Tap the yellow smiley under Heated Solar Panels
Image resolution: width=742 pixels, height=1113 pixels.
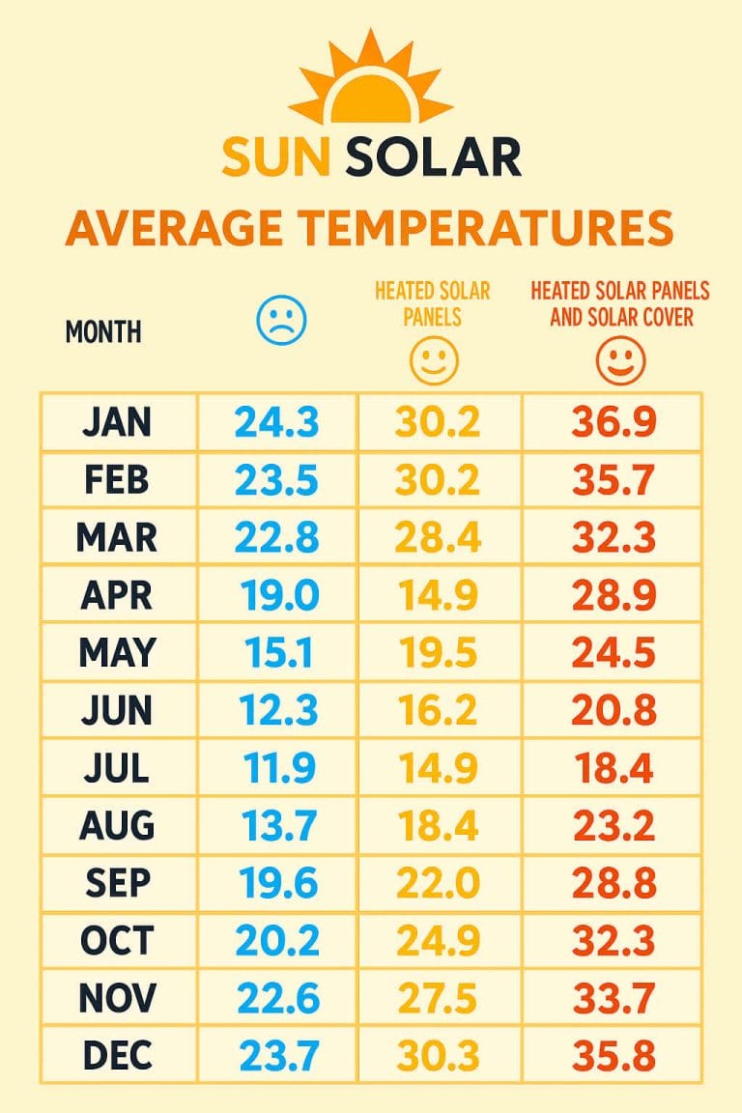(433, 362)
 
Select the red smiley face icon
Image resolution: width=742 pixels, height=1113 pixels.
(619, 361)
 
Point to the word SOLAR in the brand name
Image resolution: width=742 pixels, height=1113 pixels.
(433, 157)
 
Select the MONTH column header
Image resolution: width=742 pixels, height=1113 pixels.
(103, 332)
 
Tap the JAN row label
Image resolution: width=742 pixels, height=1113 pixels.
(117, 421)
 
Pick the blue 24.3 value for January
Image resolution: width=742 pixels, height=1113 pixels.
(276, 421)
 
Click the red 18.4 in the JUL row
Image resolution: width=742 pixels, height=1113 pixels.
(614, 769)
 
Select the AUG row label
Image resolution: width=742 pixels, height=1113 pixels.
(117, 826)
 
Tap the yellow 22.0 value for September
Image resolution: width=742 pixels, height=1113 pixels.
(440, 884)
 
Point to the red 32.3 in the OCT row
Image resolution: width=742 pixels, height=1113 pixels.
(615, 941)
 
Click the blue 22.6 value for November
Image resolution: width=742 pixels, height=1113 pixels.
(276, 998)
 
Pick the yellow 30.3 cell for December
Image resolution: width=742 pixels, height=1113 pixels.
(440, 1055)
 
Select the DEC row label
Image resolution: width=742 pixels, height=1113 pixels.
(117, 1055)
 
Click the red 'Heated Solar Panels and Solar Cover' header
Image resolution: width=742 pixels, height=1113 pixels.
(619, 303)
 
